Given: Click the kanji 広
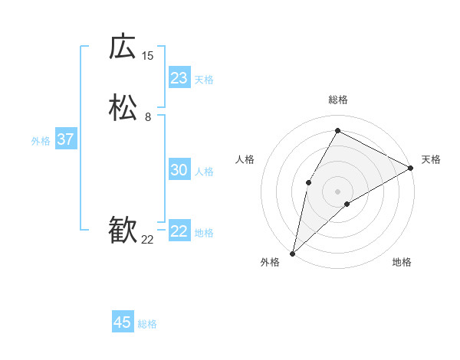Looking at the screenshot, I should point(123,47).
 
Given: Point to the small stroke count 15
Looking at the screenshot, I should point(147,55).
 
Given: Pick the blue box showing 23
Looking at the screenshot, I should point(179,78).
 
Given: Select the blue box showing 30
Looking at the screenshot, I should point(179,170).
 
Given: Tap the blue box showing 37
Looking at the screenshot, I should point(66,139).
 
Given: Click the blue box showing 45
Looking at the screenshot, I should point(123,322).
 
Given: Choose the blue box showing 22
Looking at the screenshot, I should point(179,231).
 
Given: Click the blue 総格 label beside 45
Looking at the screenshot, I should point(147,324).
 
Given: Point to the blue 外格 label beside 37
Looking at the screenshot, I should point(41,141).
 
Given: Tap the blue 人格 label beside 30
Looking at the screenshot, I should point(205,172).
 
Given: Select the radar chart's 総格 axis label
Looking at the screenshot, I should point(337,100).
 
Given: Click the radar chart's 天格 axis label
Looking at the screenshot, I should point(431,159).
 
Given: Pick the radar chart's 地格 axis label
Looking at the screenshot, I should point(402,263).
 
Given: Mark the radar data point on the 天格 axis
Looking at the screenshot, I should point(411,168).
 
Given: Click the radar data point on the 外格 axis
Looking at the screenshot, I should point(292,253).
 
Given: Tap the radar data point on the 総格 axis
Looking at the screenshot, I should point(337,130).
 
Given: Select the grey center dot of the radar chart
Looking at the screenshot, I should point(337,191).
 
